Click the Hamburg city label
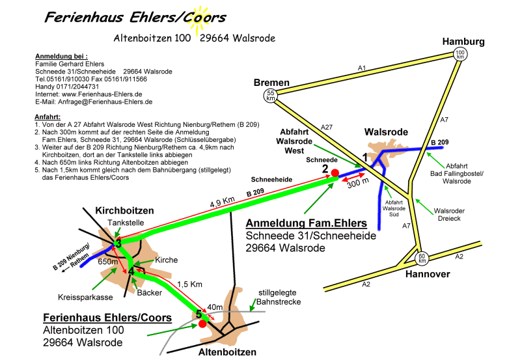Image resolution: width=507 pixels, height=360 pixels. [463, 42]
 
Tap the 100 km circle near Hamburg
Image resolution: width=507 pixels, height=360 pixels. [460, 55]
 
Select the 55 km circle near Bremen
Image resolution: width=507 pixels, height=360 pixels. [270, 96]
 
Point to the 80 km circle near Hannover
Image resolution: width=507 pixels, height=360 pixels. [422, 258]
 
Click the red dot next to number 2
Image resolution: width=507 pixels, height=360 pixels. [335, 173]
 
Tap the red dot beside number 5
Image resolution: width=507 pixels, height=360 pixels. [202, 323]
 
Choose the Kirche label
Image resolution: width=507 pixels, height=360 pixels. [167, 260]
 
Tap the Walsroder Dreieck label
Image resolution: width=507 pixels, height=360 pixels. [458, 214]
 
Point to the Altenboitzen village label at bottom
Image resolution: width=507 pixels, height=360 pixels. [226, 352]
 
